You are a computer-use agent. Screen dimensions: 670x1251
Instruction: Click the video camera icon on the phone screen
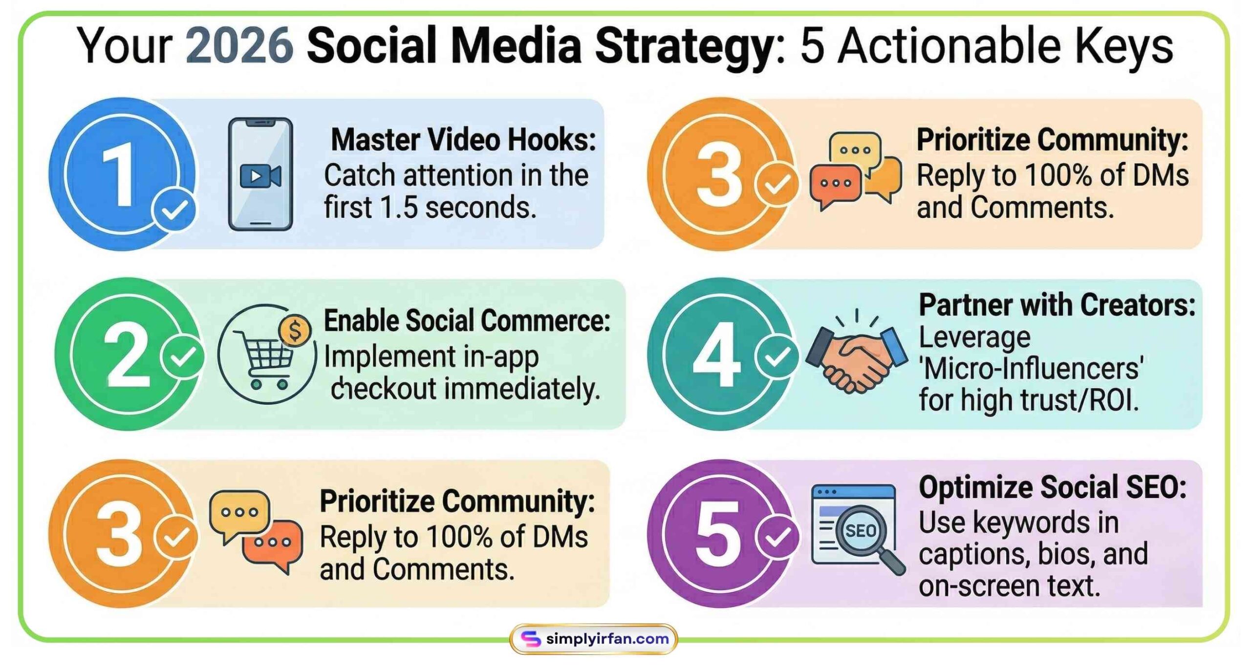[x=260, y=176]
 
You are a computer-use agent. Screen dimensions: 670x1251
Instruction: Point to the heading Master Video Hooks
[x=463, y=140]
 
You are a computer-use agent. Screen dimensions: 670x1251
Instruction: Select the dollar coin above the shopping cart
[x=295, y=331]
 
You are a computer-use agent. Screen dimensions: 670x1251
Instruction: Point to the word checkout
[x=384, y=389]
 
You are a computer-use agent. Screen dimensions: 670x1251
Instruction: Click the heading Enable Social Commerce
[x=467, y=321]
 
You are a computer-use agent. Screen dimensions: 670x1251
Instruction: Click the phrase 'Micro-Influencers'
[x=1031, y=368]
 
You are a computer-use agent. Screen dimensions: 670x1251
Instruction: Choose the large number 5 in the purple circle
[x=717, y=534]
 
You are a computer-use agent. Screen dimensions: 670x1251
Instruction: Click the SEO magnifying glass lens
[x=860, y=531]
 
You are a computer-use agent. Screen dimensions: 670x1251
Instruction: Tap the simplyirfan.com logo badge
[x=593, y=638]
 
